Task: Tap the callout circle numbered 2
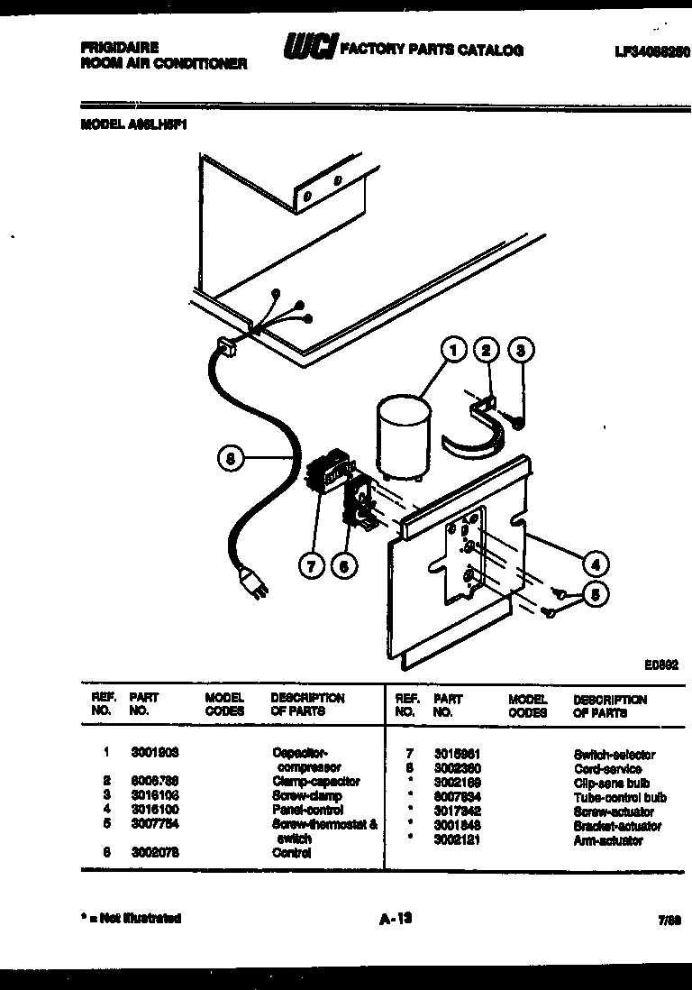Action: [487, 350]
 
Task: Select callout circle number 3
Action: [520, 350]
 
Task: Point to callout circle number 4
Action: [595, 564]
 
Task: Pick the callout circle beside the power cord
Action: [231, 459]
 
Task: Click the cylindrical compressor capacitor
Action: [402, 435]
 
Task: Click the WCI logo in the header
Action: [310, 47]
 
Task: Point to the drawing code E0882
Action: [660, 665]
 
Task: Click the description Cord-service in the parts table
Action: [608, 769]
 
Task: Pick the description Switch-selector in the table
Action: [615, 755]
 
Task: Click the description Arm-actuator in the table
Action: [608, 840]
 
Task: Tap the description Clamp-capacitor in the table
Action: [315, 781]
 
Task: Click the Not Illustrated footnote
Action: [131, 919]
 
